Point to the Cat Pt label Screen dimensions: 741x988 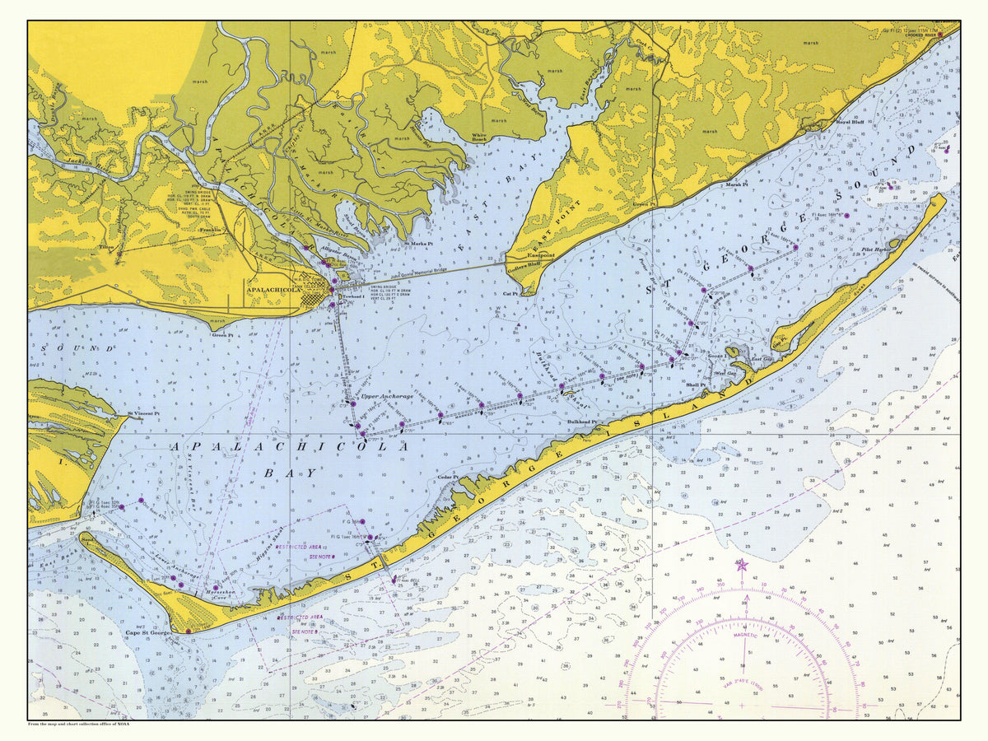click(x=510, y=292)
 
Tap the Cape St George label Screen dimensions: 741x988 click(x=147, y=633)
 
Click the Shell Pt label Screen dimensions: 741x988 click(x=696, y=384)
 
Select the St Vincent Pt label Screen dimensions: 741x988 click(x=142, y=413)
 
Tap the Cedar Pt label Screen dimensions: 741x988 click(x=448, y=478)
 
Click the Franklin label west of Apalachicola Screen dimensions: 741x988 click(x=212, y=231)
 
